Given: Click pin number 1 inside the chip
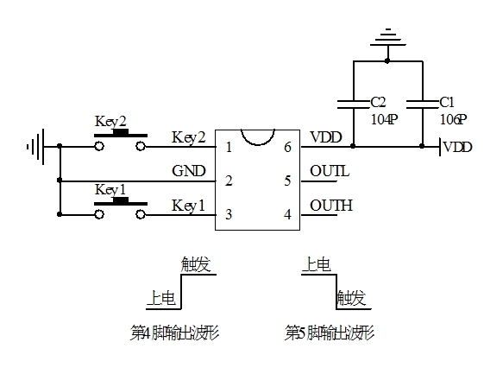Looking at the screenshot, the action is [x=229, y=147].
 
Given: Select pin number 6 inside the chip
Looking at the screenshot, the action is [x=287, y=147].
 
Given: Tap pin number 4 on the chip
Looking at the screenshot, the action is [x=287, y=214].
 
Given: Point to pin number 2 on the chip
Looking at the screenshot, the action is [x=229, y=181].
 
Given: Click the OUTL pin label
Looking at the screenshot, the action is [x=330, y=171].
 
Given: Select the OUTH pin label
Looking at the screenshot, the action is [x=331, y=206].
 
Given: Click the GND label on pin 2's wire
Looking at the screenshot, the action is [x=189, y=171].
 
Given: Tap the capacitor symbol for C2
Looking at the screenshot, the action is [x=354, y=105].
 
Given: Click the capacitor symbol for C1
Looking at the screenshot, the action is [x=423, y=105].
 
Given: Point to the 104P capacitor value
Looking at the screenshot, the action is [x=384, y=119].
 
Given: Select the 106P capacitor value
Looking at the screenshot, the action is [x=454, y=119].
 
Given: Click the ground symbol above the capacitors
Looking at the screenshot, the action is [x=388, y=38].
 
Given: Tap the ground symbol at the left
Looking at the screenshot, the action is [x=36, y=147].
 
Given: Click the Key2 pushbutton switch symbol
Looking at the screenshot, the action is [x=120, y=140].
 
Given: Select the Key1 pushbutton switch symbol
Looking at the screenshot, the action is [x=120, y=208].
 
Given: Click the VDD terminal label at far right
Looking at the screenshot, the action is [x=457, y=147].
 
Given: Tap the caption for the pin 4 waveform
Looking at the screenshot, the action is [x=174, y=333].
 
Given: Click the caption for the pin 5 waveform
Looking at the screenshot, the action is [x=330, y=333].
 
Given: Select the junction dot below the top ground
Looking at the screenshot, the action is [x=387, y=60].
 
